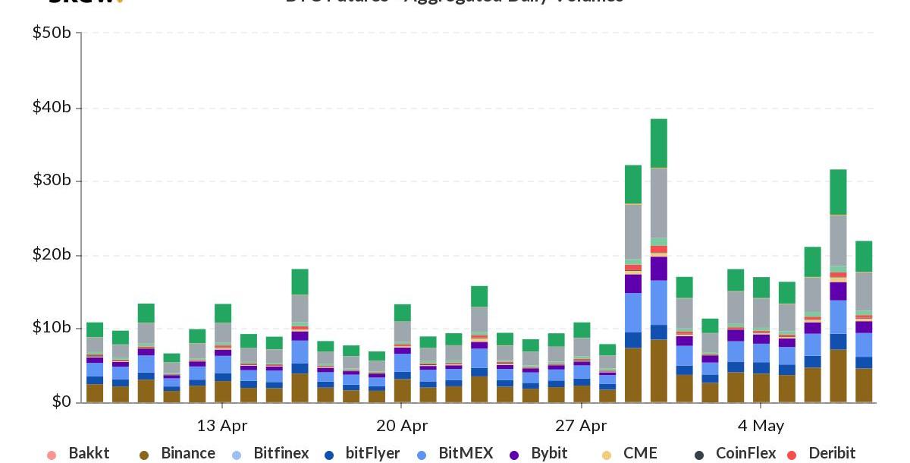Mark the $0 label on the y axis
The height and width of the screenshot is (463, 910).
click(x=61, y=402)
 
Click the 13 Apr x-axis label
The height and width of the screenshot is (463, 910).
click(x=221, y=425)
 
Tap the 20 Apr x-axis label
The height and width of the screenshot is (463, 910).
click(x=401, y=425)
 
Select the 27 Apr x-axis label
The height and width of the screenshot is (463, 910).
click(x=581, y=425)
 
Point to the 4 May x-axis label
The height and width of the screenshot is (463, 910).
click(x=761, y=425)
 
